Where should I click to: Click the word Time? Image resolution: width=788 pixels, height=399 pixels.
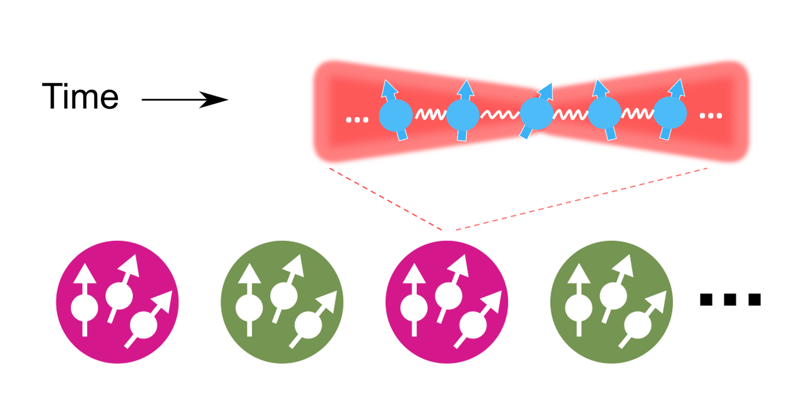point(80,96)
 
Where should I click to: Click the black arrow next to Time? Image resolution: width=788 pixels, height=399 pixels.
point(185,100)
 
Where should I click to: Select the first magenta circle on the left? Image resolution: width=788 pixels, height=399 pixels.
point(117,302)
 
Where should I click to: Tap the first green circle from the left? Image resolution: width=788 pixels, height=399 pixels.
point(282,302)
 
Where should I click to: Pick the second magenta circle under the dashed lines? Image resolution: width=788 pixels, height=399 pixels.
point(447,302)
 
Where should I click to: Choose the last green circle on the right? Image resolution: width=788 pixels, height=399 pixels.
point(611,302)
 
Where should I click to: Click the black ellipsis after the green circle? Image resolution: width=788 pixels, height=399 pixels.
point(730,299)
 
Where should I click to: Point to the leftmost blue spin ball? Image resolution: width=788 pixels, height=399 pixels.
point(396,116)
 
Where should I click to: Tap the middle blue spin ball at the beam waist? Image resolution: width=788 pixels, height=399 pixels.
point(537,113)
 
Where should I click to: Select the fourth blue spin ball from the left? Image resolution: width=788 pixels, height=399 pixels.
point(604,113)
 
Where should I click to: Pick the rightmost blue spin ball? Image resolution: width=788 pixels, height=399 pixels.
point(670,113)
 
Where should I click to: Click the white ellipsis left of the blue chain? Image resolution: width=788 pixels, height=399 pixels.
point(357,120)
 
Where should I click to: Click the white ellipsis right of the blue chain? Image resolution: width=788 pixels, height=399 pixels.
point(711,116)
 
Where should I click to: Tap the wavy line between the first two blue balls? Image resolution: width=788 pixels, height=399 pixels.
point(430,114)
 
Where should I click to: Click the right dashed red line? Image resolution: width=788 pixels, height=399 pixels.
point(582,199)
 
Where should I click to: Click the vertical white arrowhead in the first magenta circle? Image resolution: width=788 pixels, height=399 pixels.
point(85,273)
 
